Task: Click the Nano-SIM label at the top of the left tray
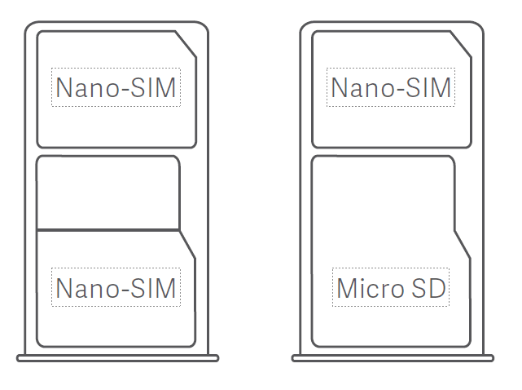click(116, 87)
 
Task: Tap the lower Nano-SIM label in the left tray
click(116, 287)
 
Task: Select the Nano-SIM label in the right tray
click(391, 87)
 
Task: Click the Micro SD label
click(391, 288)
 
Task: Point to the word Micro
click(370, 288)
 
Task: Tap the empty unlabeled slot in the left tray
click(108, 193)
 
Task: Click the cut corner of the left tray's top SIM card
click(186, 46)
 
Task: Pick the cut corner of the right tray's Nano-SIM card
click(462, 46)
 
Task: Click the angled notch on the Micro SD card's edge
click(462, 245)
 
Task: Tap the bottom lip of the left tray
click(117, 357)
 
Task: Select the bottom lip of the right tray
click(393, 357)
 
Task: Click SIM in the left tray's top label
click(156, 87)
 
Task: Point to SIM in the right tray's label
click(432, 87)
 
